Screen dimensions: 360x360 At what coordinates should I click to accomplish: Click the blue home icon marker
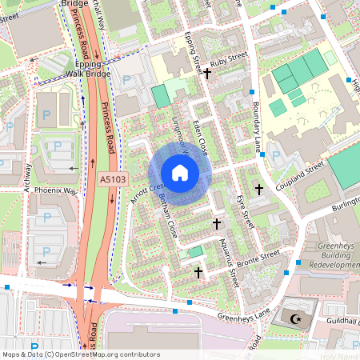click(x=180, y=173)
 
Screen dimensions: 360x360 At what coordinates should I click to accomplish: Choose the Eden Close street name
click(x=201, y=136)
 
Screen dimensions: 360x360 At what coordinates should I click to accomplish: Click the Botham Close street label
click(x=167, y=215)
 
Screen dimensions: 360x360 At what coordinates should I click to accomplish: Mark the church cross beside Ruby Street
click(x=207, y=74)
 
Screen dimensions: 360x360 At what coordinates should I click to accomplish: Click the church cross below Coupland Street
click(x=258, y=190)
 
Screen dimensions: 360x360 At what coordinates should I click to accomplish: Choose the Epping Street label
click(x=191, y=53)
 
